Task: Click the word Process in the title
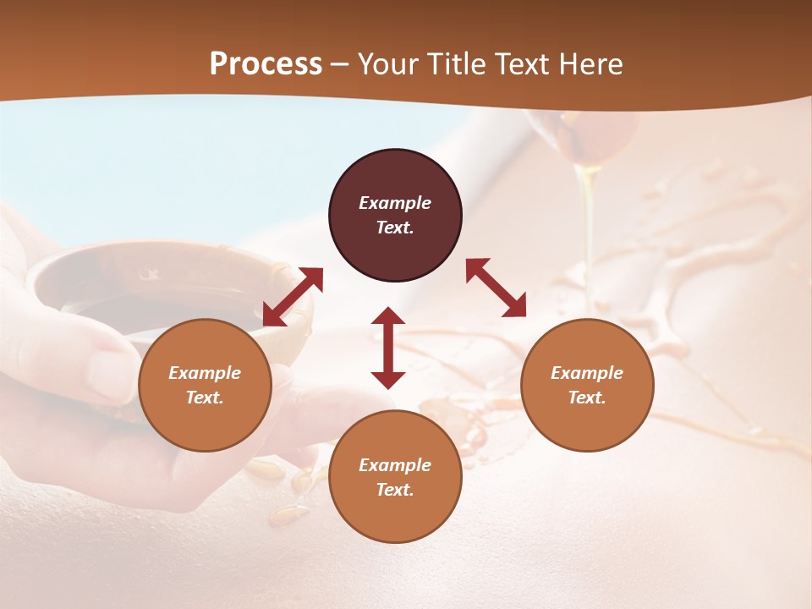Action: pos(266,64)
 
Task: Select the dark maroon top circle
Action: pos(395,215)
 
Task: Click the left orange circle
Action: pos(205,385)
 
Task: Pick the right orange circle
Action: pos(587,385)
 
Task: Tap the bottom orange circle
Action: pos(395,476)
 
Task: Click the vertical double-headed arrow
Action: pos(388,348)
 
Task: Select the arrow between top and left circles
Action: pos(293,297)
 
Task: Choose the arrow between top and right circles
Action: pos(496,288)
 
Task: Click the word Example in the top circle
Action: pos(395,203)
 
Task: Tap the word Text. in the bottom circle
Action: pos(395,490)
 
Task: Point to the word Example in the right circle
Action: pos(587,373)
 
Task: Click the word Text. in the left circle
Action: pos(205,398)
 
